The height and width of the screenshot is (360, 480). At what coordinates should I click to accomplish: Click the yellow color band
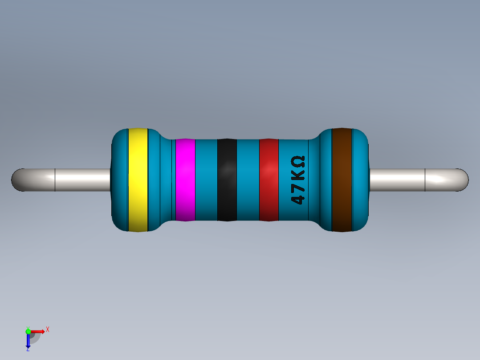[x=138, y=180]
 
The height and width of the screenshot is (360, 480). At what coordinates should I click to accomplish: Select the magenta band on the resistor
[x=185, y=180]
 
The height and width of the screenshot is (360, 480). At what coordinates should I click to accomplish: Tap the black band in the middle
[x=227, y=180]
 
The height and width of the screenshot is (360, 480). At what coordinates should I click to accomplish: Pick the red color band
[x=268, y=180]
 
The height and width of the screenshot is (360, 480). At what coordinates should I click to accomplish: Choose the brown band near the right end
[x=342, y=180]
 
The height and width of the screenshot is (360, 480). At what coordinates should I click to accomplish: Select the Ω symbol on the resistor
[x=298, y=161]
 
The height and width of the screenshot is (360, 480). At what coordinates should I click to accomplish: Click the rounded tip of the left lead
[x=17, y=180]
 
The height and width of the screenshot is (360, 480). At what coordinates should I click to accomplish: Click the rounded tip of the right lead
[x=463, y=180]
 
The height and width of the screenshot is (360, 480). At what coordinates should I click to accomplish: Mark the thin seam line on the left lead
[x=55, y=180]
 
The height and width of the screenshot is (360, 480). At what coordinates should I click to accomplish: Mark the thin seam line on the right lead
[x=425, y=180]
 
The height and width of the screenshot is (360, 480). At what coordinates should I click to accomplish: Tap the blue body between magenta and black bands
[x=206, y=180]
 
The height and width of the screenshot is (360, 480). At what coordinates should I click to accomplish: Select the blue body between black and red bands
[x=248, y=180]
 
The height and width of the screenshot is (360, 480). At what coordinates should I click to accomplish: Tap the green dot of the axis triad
[x=28, y=331]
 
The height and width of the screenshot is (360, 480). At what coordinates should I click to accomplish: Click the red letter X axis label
[x=47, y=329]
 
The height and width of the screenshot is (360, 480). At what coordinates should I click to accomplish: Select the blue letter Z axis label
[x=28, y=349]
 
